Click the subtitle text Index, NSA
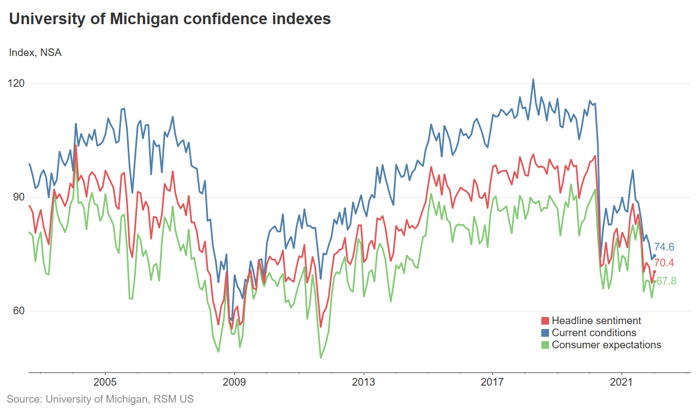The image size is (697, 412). point(35,53)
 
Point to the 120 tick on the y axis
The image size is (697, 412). point(17,83)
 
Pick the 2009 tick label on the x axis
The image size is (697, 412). point(234,382)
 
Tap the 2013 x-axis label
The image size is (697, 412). point(363,382)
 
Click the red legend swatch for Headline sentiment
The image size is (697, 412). point(545,321)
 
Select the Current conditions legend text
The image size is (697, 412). point(594,333)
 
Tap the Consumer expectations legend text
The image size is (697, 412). point(606,345)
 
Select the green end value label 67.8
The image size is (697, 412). point(666,281)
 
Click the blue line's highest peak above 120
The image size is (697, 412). point(533,79)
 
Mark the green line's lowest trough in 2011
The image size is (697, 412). point(321,358)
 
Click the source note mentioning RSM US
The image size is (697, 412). point(100,399)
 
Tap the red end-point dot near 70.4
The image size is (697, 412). point(654,271)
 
